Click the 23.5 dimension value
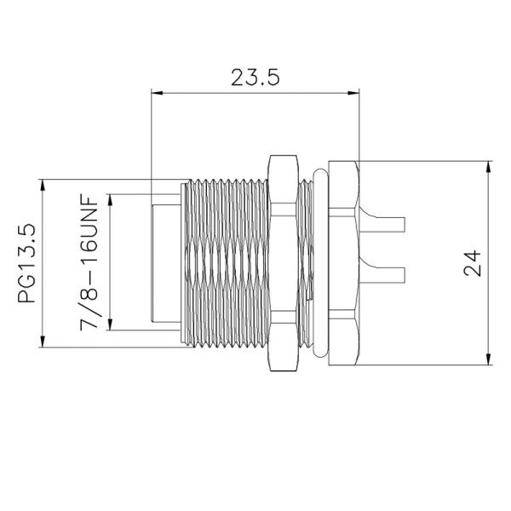tap(255, 78)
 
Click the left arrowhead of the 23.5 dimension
tap(156, 91)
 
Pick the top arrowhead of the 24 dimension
tap(488, 165)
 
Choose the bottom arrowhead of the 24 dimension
tap(488, 360)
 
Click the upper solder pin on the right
tap(388, 223)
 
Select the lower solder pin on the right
tap(388, 274)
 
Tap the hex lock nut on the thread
tap(282, 263)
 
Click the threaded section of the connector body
tap(226, 263)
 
